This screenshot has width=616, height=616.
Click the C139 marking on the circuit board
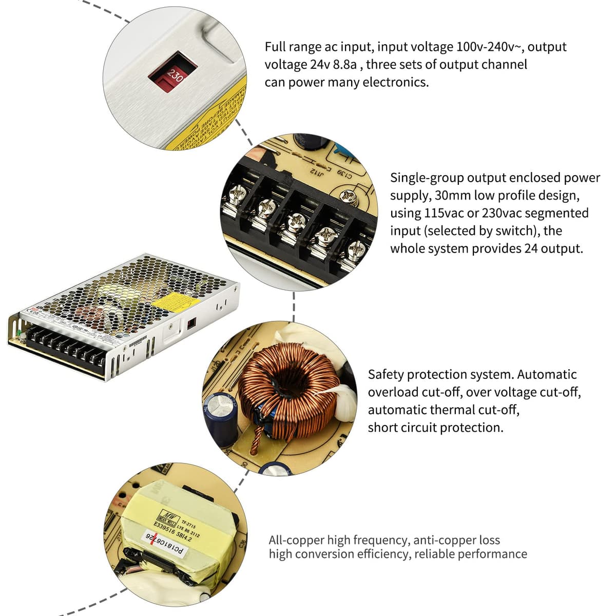point(345,174)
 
